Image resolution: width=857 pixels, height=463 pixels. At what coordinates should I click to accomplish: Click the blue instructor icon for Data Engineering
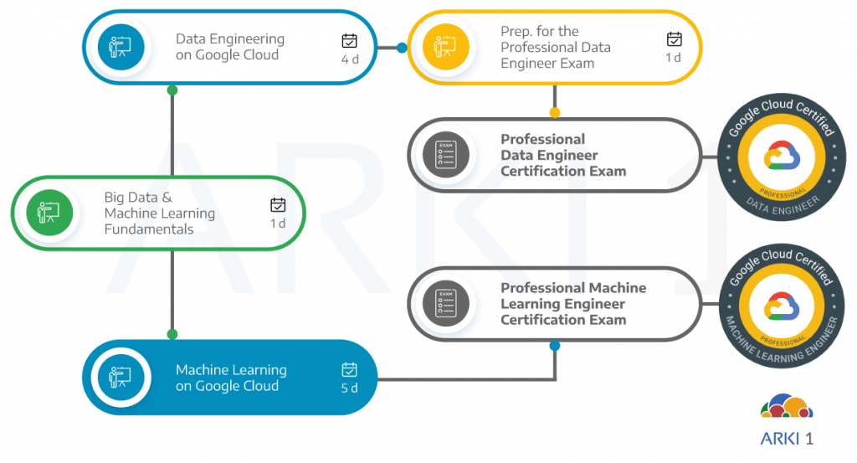121,47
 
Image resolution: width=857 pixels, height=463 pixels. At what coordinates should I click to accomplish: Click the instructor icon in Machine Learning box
121,378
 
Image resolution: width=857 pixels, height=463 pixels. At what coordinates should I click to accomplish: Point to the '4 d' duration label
350,59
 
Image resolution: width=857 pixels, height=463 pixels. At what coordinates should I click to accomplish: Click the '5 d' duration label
350,388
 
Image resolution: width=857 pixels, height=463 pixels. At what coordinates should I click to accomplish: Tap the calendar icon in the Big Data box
278,204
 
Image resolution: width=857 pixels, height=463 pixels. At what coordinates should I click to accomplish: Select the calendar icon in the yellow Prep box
674,39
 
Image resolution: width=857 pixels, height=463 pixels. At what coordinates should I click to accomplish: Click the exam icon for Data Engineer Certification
445,155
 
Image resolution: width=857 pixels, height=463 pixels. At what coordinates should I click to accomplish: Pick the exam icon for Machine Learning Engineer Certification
445,303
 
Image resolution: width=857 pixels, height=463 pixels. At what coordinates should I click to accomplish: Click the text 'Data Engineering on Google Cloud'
229,47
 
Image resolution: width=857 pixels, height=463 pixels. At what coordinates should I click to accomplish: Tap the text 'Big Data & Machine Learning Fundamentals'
159,213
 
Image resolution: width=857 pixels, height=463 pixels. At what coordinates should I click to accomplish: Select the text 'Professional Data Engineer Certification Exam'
562,155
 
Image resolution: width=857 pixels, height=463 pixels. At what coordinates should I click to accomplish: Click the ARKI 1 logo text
786,439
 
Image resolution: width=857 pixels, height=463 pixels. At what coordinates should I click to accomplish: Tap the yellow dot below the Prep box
554,112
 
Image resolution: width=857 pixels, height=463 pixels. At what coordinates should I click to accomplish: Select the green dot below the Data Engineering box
172,90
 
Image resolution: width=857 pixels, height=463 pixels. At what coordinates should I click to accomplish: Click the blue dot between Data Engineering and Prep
402,48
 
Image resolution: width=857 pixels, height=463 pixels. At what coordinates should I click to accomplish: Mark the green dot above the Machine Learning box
172,334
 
